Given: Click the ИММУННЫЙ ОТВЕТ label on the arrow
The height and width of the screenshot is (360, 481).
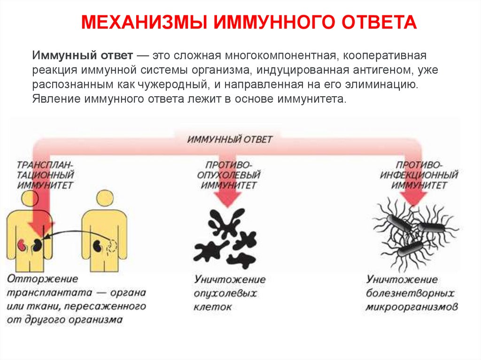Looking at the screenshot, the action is coord(230,139).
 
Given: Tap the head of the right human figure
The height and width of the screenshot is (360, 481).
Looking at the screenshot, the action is coord(103,200).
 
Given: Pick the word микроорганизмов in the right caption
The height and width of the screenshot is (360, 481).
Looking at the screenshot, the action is coord(412,308).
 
